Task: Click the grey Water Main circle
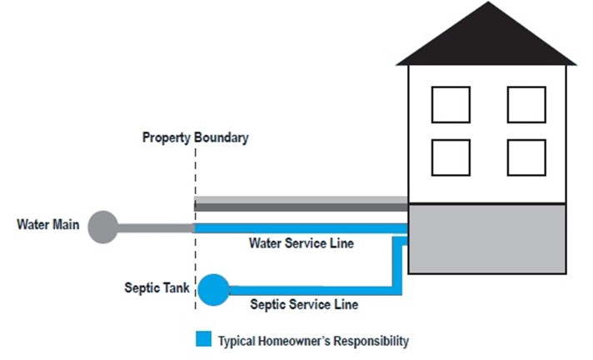pos(103,227)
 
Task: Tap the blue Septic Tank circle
pos(214,290)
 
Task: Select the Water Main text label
pos(48,224)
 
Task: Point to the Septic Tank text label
pos(157,288)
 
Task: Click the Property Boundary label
pos(196,137)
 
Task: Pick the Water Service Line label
pos(301,243)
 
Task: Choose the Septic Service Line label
pos(304,304)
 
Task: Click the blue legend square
pos(203,339)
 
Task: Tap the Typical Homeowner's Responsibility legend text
pos(313,341)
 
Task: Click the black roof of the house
pos(487,37)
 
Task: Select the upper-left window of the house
pos(451,105)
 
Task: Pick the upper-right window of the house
pos(526,105)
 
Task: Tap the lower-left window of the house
pos(451,157)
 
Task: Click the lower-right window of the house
pos(526,157)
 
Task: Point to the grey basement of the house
pos(487,238)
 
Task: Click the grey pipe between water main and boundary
pos(156,227)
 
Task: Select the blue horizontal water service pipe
pos(301,228)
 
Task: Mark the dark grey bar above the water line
pos(301,207)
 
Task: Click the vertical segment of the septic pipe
pos(397,266)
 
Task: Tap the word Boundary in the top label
pos(222,137)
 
